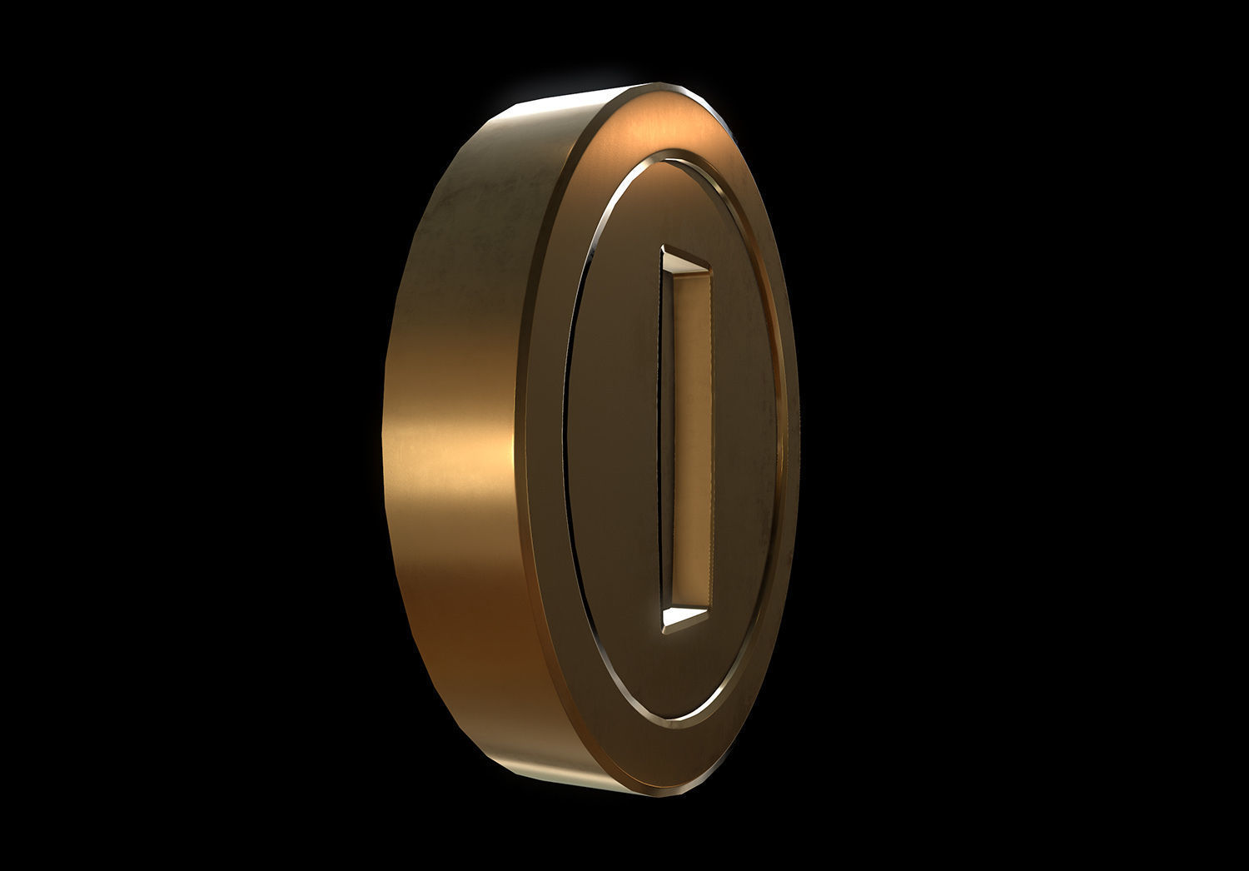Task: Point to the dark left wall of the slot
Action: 666,441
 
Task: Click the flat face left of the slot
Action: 616,441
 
